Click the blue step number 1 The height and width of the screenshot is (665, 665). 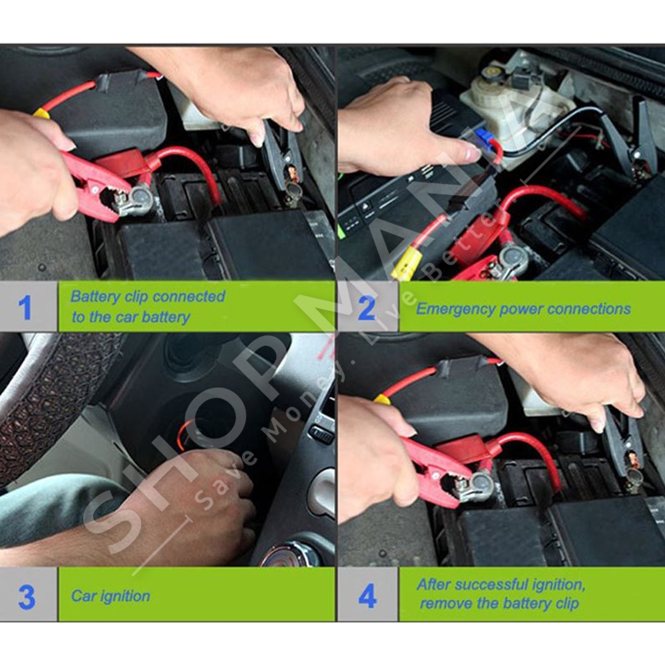point(25,307)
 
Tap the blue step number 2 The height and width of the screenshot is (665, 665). point(367,308)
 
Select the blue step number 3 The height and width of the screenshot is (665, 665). point(26,597)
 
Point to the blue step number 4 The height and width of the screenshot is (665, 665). point(367,596)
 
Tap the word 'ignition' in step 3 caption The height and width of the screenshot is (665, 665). point(125,597)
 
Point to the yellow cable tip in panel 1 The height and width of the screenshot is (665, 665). point(40,113)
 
